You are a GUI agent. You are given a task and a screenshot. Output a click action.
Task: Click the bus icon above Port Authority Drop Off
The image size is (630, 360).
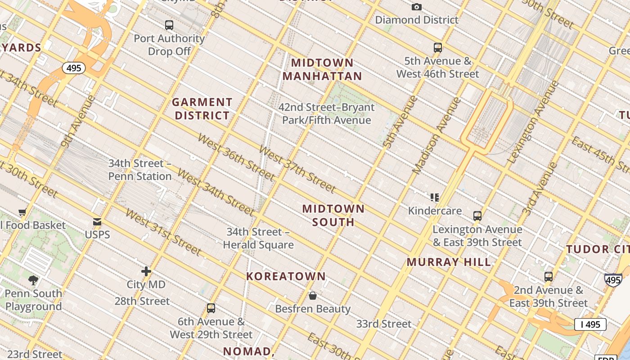[169, 25]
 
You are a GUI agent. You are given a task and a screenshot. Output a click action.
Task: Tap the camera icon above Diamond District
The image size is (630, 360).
[417, 7]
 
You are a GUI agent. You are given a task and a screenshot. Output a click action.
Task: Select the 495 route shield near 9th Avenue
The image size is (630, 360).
[72, 68]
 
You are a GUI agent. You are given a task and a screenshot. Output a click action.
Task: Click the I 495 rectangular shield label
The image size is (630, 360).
[590, 324]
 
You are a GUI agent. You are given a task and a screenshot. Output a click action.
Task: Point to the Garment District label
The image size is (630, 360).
[202, 109]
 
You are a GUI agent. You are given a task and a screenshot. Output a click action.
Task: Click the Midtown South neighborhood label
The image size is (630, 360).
[333, 215]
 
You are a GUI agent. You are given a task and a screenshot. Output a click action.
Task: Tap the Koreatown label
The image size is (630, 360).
[286, 276]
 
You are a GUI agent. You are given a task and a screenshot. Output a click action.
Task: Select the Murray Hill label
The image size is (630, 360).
[449, 262]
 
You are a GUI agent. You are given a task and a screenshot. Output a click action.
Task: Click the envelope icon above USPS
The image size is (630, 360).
[97, 222]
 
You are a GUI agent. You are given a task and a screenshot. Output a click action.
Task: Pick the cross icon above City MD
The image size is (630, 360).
[146, 271]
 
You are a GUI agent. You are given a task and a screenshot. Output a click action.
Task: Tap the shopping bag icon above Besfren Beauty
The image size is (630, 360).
[313, 296]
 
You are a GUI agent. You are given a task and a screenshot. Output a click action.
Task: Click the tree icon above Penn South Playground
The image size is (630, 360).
[33, 280]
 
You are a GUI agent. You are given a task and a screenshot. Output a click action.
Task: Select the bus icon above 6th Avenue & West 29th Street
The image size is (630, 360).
[211, 308]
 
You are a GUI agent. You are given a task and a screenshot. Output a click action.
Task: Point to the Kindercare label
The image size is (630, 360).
[435, 211]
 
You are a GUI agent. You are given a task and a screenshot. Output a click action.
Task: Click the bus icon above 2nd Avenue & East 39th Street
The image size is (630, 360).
[548, 277]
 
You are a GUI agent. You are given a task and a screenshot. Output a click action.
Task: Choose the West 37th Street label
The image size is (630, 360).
[297, 169]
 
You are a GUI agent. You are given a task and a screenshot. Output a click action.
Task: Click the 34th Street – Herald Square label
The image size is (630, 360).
[258, 238]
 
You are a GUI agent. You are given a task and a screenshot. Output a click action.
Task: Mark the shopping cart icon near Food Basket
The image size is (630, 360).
[22, 212]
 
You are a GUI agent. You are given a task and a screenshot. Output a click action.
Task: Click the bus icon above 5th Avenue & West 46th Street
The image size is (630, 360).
[437, 48]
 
